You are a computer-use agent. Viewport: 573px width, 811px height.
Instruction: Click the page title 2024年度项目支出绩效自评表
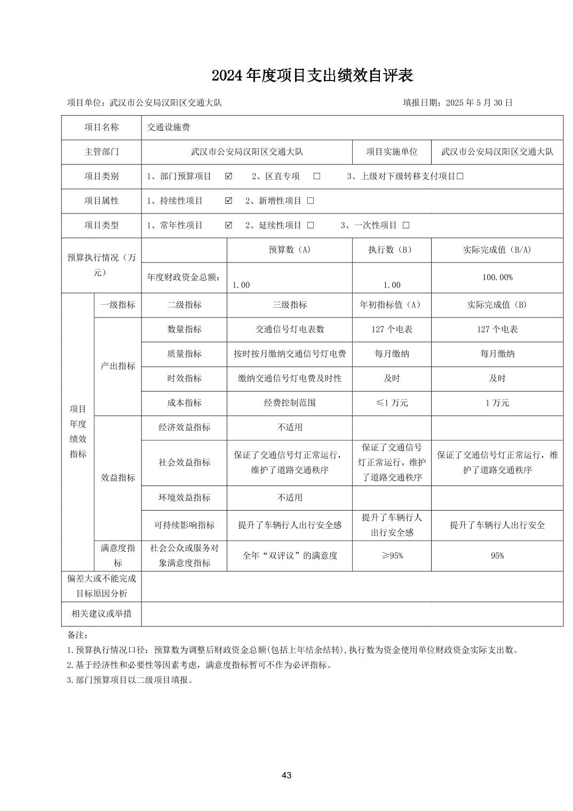pos(312,76)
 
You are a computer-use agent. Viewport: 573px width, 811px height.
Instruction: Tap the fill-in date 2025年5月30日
pos(457,103)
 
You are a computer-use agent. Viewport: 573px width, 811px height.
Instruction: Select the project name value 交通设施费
pos(169,128)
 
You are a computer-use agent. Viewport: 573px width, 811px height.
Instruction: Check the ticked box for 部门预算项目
pos(229,176)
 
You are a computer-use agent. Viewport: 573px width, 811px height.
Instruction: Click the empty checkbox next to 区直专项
pos(317,176)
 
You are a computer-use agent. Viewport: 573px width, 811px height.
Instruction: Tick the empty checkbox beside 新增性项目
pos(311,201)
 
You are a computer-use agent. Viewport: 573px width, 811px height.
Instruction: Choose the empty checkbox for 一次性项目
pos(406,225)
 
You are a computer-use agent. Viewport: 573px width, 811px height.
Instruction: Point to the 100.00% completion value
pos(497,277)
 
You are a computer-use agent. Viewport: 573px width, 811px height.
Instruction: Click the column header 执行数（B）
pos(392,250)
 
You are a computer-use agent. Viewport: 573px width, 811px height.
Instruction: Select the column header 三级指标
pos(289,305)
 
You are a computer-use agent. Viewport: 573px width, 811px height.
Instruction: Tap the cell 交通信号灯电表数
pos(289,329)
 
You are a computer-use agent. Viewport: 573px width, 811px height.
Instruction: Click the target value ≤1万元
pos(392,403)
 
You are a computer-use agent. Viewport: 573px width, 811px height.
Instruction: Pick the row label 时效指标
pos(184,378)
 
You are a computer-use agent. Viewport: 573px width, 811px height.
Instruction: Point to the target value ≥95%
pos(392,556)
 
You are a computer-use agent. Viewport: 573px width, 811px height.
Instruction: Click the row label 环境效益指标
pos(184,497)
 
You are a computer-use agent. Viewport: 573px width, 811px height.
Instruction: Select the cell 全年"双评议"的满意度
pos(289,556)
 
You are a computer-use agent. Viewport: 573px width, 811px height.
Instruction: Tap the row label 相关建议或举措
pos(101,614)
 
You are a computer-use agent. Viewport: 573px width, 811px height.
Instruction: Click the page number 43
pos(286,775)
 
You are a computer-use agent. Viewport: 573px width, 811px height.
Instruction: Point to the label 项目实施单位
pos(392,152)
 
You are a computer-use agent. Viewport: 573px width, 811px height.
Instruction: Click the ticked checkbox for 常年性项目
pos(229,225)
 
